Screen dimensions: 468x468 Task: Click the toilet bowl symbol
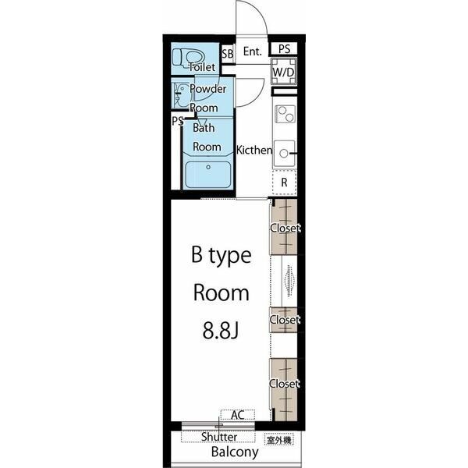click(189, 57)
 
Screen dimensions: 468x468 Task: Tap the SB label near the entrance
click(228, 54)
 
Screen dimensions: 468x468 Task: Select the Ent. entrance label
click(252, 51)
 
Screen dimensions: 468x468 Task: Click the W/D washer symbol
click(284, 72)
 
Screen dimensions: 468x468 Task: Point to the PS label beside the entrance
click(284, 49)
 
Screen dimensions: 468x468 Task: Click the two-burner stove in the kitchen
click(285, 114)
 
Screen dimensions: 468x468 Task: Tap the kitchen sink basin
click(284, 154)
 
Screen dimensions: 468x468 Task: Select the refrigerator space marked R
click(284, 182)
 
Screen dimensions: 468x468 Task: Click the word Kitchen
click(254, 150)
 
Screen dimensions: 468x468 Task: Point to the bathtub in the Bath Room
click(208, 175)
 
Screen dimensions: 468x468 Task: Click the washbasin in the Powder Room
click(180, 95)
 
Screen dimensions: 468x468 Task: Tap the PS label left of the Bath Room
click(178, 121)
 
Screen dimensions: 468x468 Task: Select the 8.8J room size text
click(221, 331)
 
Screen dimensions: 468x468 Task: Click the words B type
click(222, 255)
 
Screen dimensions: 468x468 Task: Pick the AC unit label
click(238, 415)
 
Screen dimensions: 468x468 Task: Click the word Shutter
click(219, 437)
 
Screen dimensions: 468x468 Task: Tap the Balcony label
click(235, 452)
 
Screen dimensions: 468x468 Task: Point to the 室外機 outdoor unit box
click(279, 439)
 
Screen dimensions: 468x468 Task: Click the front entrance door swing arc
click(258, 12)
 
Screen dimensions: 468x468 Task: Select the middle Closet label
click(285, 320)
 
